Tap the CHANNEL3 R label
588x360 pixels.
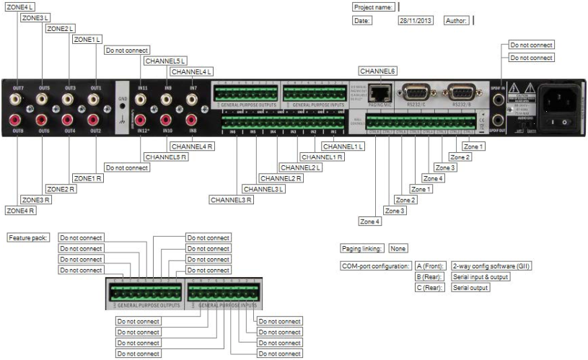point(232,199)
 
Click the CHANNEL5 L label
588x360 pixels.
point(165,61)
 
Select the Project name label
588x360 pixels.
point(374,6)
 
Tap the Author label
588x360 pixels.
point(457,21)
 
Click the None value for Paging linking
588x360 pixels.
point(398,248)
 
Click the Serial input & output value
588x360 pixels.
point(480,276)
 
